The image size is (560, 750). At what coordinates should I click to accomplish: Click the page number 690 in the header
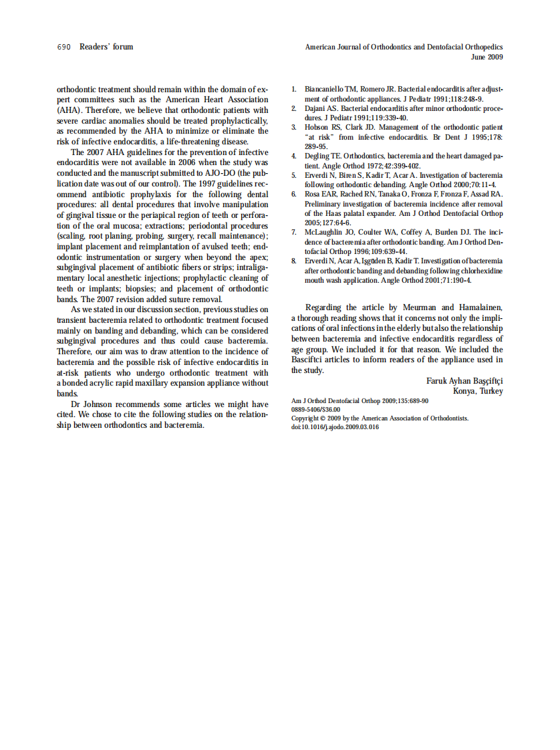coord(63,47)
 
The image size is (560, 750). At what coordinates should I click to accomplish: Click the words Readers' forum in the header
coord(106,47)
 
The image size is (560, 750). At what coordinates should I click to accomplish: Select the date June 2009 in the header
coord(486,57)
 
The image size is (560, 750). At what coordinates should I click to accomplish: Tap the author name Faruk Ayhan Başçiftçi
coord(464,381)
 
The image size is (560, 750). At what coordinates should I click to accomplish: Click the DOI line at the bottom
coord(335,427)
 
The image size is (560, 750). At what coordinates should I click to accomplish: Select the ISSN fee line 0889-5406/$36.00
coord(315,409)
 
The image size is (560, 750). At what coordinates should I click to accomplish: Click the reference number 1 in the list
coord(294,89)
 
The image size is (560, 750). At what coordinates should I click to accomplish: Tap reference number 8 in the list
coord(294,261)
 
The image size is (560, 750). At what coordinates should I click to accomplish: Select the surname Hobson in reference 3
coord(317,127)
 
